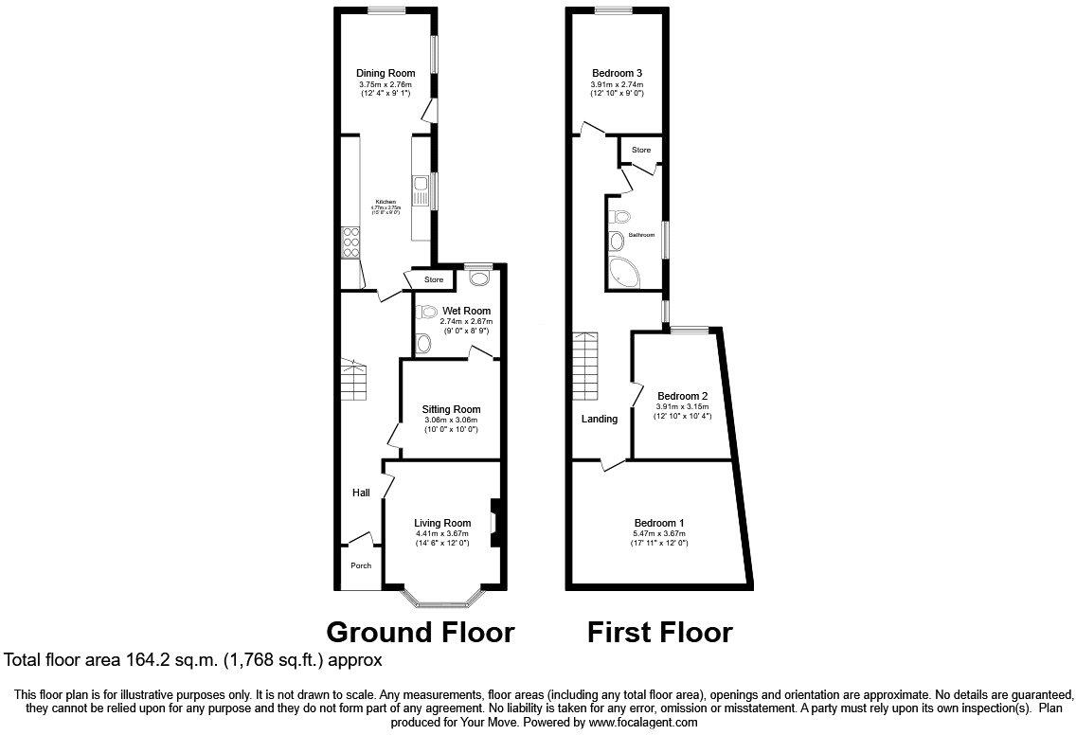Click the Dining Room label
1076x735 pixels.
[386, 73]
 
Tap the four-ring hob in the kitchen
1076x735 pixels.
[350, 242]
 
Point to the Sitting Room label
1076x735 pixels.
[451, 409]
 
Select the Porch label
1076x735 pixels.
[361, 565]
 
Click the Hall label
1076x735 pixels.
[361, 493]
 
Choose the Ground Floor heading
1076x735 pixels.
[421, 632]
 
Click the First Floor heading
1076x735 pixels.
[659, 632]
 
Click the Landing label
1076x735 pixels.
[600, 419]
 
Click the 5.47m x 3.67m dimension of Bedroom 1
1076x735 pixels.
[659, 534]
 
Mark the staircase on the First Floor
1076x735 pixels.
[584, 367]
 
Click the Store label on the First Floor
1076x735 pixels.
[641, 150]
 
